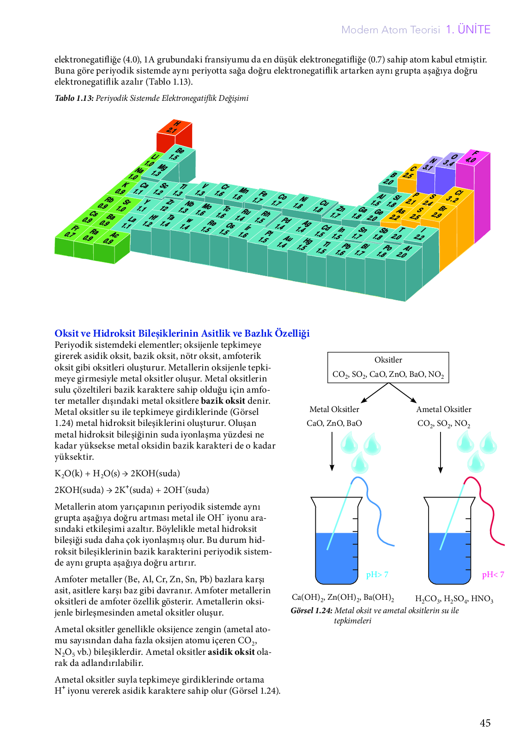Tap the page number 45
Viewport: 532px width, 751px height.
click(x=485, y=723)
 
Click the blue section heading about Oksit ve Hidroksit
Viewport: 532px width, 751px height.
click(x=182, y=333)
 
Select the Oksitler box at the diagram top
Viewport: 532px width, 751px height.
click(x=388, y=367)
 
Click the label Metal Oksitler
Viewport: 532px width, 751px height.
click(x=334, y=409)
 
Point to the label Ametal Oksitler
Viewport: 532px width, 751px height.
click(x=443, y=409)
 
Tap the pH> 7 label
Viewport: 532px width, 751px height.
click(x=377, y=574)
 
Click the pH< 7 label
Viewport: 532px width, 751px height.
click(x=493, y=574)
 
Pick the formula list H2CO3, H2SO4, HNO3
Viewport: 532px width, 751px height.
click(x=454, y=599)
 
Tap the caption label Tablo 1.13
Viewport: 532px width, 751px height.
click(x=74, y=98)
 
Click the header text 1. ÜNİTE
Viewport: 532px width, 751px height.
click(x=468, y=30)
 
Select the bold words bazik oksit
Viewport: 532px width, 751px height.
click(x=223, y=401)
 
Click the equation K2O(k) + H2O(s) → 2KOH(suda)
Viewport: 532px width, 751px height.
click(x=117, y=474)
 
